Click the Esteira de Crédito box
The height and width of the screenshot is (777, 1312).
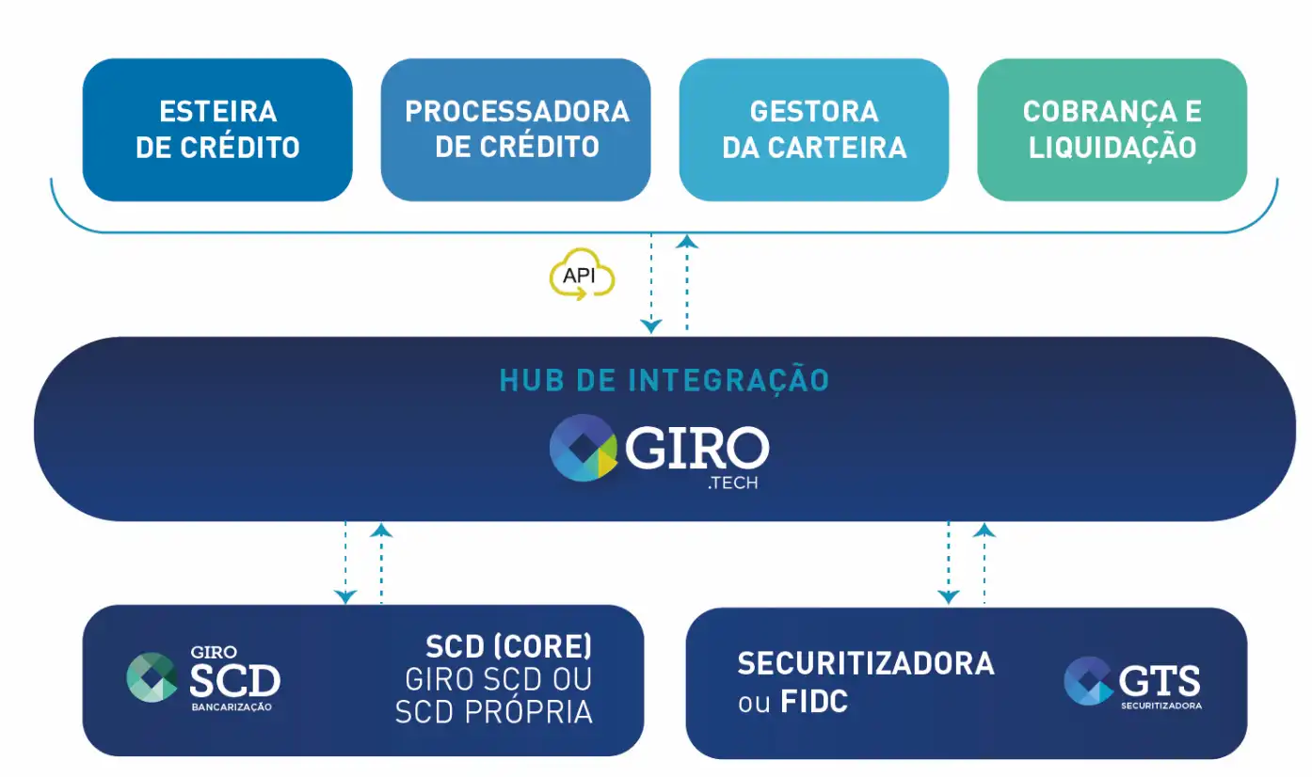pos(217,129)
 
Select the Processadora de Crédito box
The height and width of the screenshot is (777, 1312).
pos(516,129)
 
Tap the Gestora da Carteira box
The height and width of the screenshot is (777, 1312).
pos(814,129)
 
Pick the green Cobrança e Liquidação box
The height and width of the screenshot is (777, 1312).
pos(1112,129)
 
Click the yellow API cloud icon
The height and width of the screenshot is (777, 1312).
pos(582,276)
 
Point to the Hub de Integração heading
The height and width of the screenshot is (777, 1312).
pos(664,380)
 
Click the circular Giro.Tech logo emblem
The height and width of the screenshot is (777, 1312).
pos(583,448)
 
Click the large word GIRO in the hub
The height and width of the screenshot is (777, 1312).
pos(696,450)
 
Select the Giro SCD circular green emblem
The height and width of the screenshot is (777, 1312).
pos(152,677)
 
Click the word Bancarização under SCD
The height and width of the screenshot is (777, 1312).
pos(231,706)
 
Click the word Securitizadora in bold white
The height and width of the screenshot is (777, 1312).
pos(865,663)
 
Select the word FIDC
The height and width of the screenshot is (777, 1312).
pos(815,702)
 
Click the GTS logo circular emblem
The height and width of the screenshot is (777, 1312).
pos(1089,680)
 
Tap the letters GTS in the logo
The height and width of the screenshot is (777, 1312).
pos(1160,679)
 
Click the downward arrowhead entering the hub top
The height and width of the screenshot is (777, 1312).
pos(651,326)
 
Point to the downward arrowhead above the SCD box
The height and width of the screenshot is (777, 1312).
pos(346,596)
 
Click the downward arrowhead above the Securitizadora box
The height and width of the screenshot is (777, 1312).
pos(949,596)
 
